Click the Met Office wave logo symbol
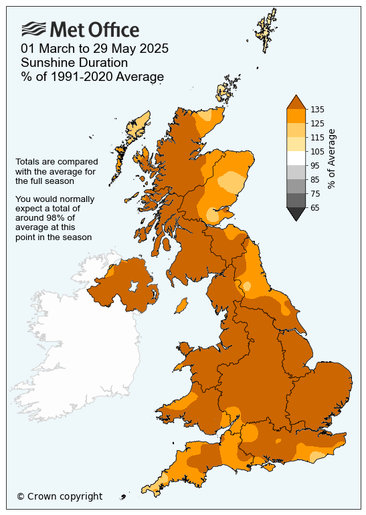[x=34, y=29]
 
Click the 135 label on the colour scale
[x=317, y=109]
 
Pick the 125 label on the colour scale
[x=317, y=123]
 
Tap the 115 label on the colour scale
[x=317, y=137]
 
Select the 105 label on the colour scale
[x=317, y=152]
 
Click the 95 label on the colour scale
[x=315, y=166]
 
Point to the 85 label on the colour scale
[x=315, y=180]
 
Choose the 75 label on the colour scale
[x=315, y=194]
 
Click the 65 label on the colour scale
[x=315, y=208]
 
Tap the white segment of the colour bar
[x=296, y=159]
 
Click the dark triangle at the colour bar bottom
[x=296, y=213]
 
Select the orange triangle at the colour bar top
[x=296, y=102]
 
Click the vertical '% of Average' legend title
[x=333, y=159]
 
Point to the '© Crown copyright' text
[x=60, y=496]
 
